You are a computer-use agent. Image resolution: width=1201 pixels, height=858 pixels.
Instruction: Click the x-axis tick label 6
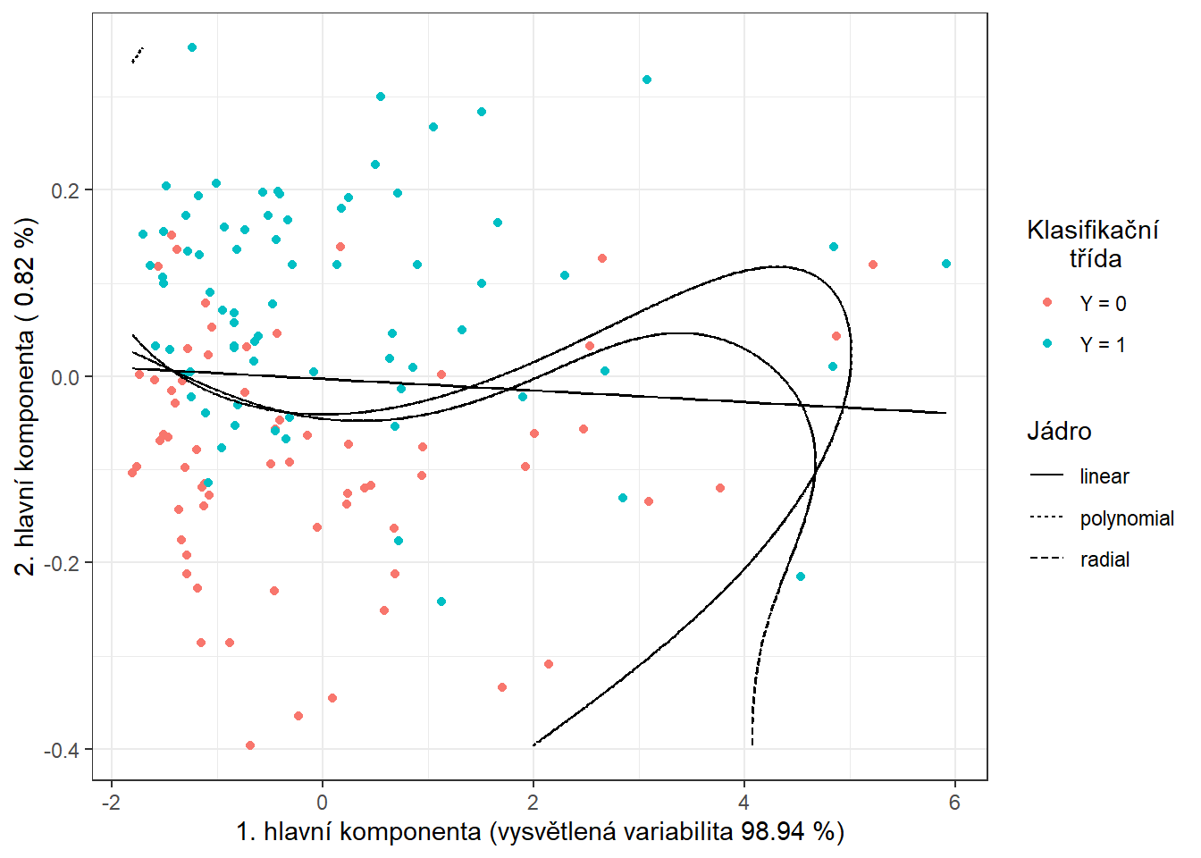coord(954,803)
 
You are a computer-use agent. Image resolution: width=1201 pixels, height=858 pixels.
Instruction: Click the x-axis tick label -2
coord(111,803)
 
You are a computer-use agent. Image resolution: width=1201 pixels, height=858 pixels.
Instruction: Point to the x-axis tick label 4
coord(743,803)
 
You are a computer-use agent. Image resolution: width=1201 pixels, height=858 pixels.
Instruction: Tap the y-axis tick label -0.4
coord(62,750)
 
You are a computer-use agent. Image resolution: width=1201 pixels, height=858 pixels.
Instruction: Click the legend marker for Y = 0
coord(1047,303)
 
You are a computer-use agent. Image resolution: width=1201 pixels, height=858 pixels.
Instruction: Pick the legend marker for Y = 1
coord(1047,344)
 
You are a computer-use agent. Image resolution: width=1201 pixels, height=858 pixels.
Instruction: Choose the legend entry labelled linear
coord(1104,476)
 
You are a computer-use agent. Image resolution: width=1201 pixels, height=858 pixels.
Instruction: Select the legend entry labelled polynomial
coord(1126,518)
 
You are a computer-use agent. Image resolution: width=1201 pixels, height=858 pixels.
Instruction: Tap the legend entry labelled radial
coord(1104,559)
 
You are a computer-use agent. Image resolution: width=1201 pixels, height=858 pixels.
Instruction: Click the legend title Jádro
coord(1059,432)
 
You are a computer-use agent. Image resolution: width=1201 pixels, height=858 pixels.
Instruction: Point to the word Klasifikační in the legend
coord(1092,231)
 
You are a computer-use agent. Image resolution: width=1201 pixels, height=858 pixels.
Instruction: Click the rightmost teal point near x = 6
coord(946,264)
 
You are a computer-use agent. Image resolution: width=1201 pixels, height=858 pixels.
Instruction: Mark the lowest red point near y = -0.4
coord(250,745)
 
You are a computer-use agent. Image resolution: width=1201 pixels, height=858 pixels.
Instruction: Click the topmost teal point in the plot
coord(192,47)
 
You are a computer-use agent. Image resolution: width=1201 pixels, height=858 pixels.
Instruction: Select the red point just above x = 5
coord(873,265)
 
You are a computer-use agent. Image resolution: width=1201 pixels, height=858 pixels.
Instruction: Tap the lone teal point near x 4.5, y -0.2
coord(801,576)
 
